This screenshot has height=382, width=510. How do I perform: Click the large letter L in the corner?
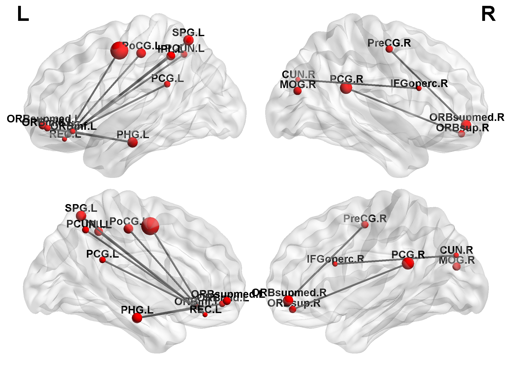coord(23,14)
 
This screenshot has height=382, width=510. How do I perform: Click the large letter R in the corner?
coord(488,14)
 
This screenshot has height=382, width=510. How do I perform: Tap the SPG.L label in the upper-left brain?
coord(188,33)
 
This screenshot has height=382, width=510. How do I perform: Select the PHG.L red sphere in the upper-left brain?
coord(132,142)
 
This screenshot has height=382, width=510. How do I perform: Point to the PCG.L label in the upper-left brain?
coord(167,78)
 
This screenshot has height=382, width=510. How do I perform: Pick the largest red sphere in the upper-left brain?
coord(119,50)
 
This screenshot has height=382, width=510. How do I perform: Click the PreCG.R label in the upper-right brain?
coord(389,43)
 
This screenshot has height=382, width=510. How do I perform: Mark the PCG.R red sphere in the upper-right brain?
coord(346,88)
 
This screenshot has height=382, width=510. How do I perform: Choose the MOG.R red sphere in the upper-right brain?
coord(297,91)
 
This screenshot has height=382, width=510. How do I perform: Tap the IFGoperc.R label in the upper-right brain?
coord(419,83)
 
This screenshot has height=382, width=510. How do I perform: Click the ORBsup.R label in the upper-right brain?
coord(462,128)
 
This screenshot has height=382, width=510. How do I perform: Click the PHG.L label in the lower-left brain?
coord(137,310)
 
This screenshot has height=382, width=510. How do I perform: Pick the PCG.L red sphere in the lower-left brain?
coord(102,260)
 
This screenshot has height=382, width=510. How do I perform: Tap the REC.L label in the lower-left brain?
coord(206,309)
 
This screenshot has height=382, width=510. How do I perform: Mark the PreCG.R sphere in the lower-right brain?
coord(365,224)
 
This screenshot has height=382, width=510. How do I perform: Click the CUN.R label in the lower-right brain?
coord(456,250)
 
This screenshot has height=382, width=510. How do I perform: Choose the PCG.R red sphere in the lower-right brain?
coord(408,263)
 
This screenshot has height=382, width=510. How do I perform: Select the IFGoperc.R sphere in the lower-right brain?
coord(335,264)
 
